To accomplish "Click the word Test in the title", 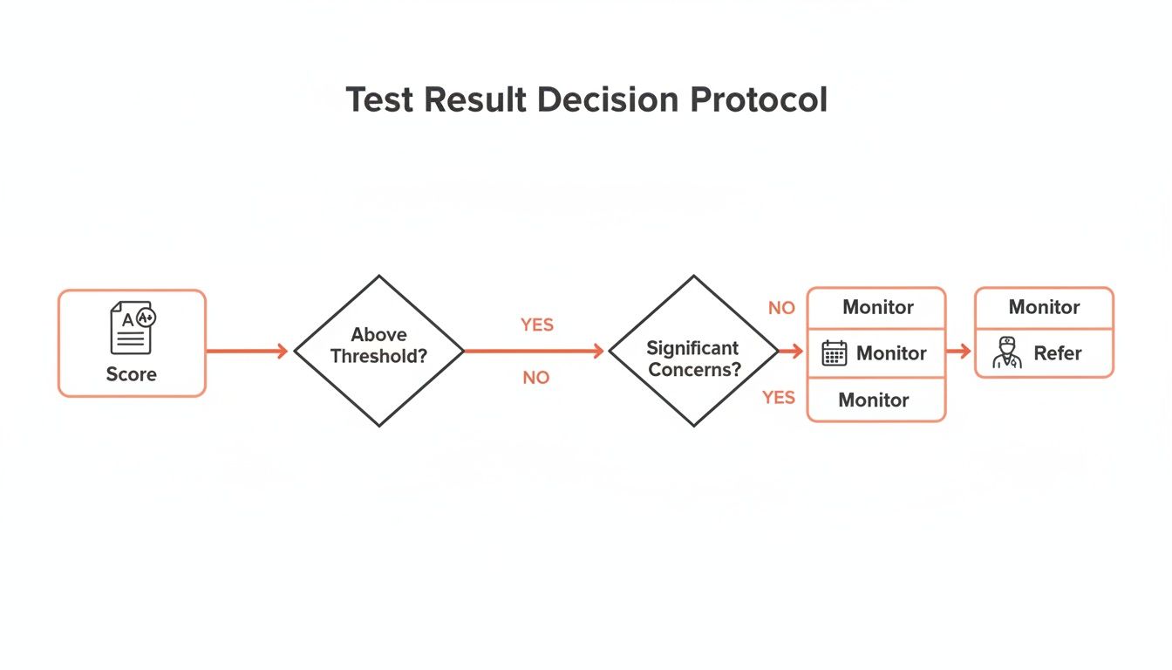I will coord(382,100).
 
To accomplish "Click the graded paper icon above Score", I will coord(132,328).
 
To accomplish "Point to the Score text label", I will coord(132,374).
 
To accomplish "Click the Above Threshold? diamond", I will coord(378,351).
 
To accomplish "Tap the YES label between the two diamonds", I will coord(537,325).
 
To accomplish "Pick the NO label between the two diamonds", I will coord(536,378).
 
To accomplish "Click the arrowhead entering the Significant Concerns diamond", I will coord(597,352).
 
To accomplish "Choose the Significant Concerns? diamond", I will coord(693,351).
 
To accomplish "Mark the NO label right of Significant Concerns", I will coord(781,308).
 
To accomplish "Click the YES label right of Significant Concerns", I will coord(779,398).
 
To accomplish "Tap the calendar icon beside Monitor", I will coord(835,353).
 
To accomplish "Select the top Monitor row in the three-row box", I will coord(877,308).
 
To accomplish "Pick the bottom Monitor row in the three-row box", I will coord(874,400).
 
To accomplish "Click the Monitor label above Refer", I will coord(1044,307).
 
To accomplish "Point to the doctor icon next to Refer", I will coord(1007,353).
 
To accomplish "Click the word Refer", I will coord(1058,353).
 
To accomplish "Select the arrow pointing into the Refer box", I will coord(959,352).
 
